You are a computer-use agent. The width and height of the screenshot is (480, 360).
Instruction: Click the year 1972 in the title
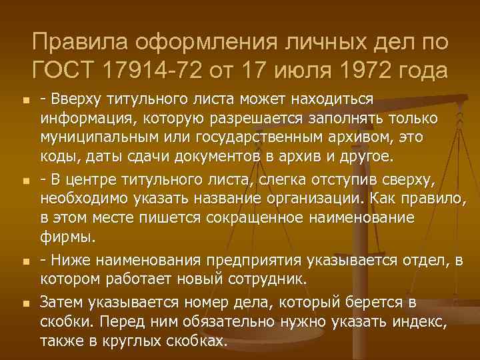click(x=366, y=69)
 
